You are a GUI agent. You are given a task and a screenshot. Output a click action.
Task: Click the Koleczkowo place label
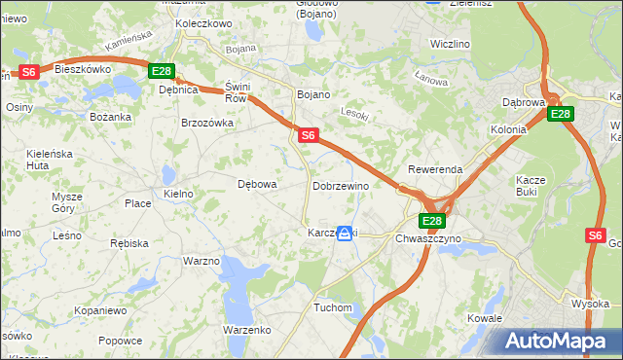202,23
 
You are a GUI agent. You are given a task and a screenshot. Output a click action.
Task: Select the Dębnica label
178,90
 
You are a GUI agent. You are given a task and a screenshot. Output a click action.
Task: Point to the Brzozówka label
207,123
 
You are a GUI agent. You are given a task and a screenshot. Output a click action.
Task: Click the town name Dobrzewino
341,186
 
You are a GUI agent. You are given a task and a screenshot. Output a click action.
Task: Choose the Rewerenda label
435,169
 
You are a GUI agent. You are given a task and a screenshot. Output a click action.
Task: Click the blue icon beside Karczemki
345,234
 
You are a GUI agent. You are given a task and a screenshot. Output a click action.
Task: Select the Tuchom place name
332,307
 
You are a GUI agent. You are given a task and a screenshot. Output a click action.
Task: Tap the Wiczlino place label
450,45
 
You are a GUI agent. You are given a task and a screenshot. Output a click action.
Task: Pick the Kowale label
484,318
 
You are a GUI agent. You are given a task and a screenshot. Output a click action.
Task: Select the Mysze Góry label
67,201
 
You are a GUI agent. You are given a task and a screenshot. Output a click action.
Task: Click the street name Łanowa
429,77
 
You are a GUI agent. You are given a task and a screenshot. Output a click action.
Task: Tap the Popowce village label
120,341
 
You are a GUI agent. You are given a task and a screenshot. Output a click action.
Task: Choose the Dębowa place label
258,183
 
